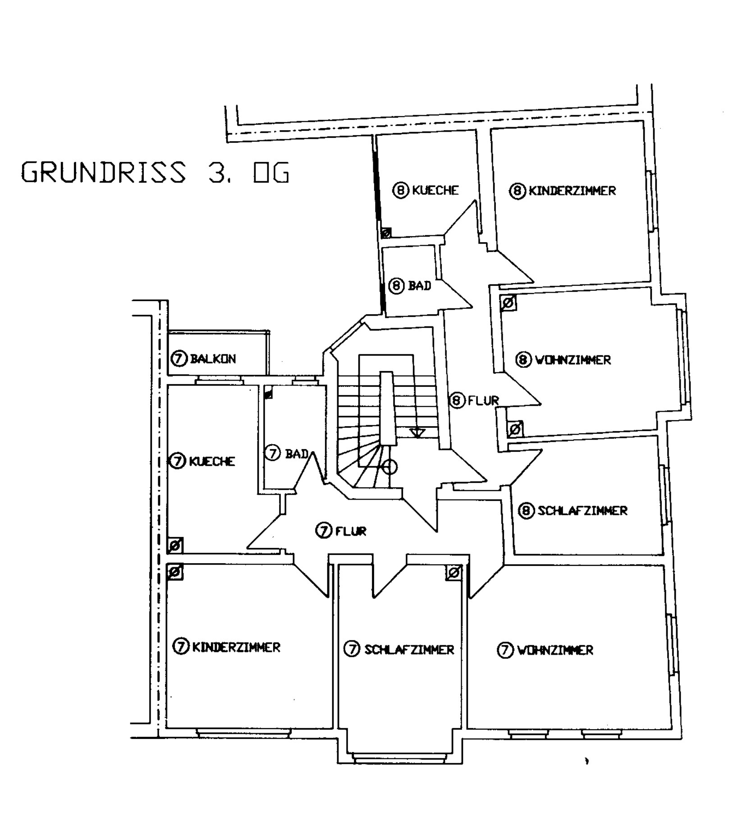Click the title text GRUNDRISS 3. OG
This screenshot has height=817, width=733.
(155, 172)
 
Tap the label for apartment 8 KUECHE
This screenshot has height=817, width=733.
(426, 190)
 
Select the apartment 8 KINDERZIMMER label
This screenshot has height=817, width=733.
(562, 191)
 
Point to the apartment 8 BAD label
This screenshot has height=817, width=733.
(410, 286)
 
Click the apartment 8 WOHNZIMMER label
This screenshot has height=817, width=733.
(563, 360)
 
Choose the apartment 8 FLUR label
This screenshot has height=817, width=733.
(474, 400)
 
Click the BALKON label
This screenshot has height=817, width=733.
(203, 359)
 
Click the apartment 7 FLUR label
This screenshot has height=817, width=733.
(341, 531)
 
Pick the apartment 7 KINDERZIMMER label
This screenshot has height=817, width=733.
(227, 647)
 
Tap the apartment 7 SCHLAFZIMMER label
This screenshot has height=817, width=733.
(399, 649)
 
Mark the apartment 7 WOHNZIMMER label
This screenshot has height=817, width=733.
(545, 650)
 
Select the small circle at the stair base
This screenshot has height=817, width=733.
(389, 467)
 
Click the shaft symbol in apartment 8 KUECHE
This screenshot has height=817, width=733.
(386, 233)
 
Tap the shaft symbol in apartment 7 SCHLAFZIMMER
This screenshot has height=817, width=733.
(454, 573)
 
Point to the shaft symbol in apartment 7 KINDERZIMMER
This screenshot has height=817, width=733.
(175, 572)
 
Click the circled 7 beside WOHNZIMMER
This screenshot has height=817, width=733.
(505, 650)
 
